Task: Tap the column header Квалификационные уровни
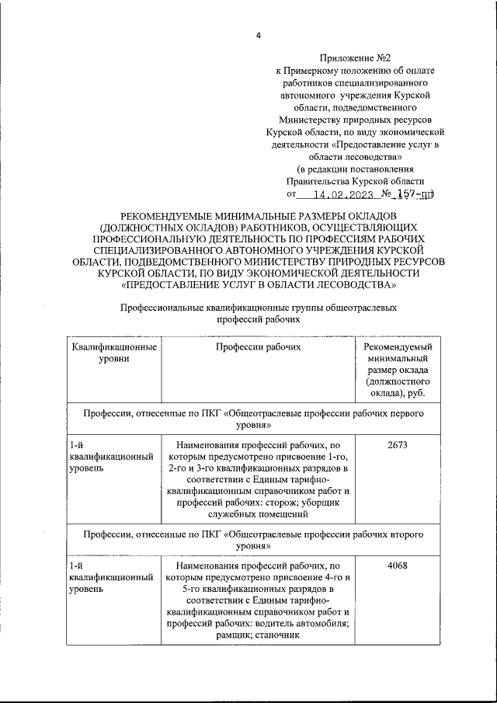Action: pyautogui.click(x=113, y=353)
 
